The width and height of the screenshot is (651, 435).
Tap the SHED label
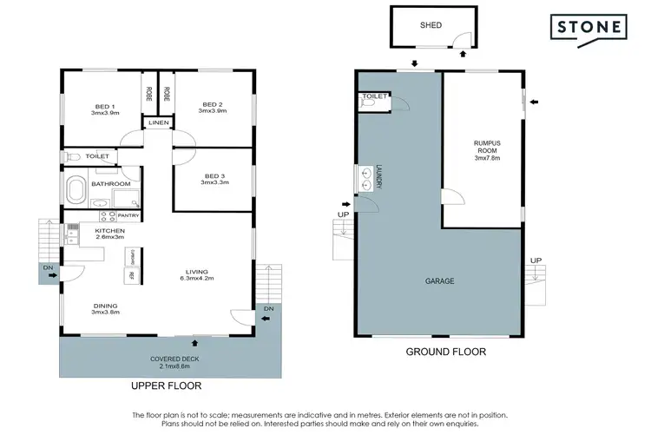pyautogui.click(x=431, y=25)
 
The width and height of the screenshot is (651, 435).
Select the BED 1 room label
pyautogui.click(x=103, y=109)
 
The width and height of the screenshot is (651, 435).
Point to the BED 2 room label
pyautogui.click(x=212, y=109)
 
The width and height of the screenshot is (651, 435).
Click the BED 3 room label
pyautogui.click(x=214, y=178)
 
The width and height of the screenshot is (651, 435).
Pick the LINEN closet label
pyautogui.click(x=158, y=123)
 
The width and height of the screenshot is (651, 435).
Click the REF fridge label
pyautogui.click(x=132, y=275)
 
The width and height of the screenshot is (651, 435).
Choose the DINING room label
pyautogui.click(x=106, y=307)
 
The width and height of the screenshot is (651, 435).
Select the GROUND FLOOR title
pyautogui.click(x=446, y=352)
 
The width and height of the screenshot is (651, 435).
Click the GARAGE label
pyautogui.click(x=439, y=281)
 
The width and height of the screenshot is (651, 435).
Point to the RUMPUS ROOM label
pyautogui.click(x=487, y=148)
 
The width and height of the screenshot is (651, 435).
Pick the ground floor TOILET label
pyautogui.click(x=374, y=96)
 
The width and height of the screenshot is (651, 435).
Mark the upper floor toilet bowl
pyautogui.click(x=73, y=157)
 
